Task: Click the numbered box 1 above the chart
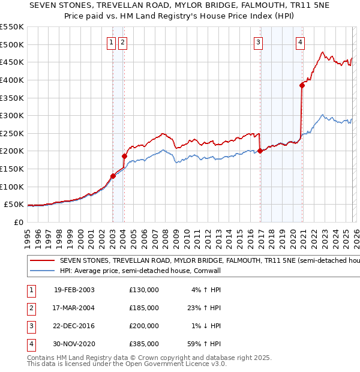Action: tap(112, 42)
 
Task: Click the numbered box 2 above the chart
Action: tap(122, 42)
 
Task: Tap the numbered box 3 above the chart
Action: tap(258, 42)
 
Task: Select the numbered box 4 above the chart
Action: tap(300, 42)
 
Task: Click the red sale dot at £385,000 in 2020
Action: tap(302, 85)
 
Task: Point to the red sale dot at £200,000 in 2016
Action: tap(260, 151)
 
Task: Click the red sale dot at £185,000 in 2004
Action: tap(124, 156)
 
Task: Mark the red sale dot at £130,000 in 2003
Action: tap(113, 176)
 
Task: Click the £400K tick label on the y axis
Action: tap(11, 80)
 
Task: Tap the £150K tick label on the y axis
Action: tap(11, 169)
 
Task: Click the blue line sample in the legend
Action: tap(42, 271)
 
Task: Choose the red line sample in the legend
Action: tap(42, 261)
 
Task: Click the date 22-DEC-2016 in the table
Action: tap(74, 325)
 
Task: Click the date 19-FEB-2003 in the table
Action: tap(74, 289)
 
